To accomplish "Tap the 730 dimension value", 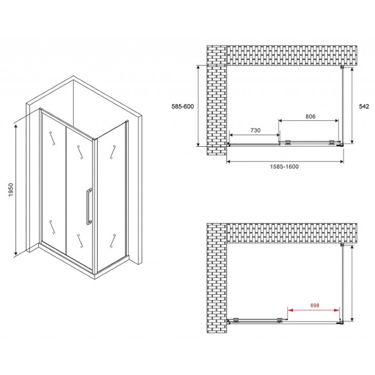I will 255,131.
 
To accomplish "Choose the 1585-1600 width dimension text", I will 284,166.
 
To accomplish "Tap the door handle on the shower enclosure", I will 89,206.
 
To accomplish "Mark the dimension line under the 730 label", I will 254,136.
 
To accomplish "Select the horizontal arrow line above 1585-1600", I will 284,159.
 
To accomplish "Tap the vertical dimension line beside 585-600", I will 198,105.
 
